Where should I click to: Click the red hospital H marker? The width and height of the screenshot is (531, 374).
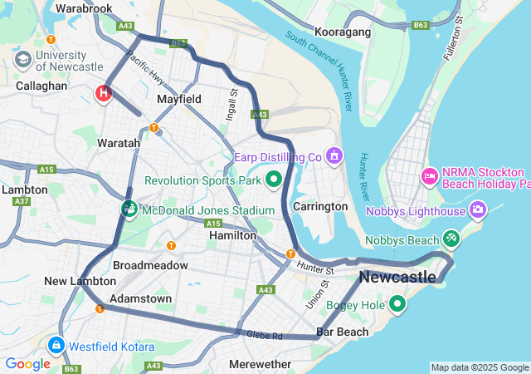pyautogui.click(x=104, y=92)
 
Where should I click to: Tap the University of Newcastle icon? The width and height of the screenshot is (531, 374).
pyautogui.click(x=23, y=59)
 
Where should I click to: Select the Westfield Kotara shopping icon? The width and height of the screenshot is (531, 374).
pyautogui.click(x=56, y=345)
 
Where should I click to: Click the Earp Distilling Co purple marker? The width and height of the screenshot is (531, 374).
pyautogui.click(x=334, y=155)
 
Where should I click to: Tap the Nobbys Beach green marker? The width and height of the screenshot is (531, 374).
pyautogui.click(x=451, y=239)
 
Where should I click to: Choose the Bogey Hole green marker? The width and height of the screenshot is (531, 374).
pyautogui.click(x=397, y=304)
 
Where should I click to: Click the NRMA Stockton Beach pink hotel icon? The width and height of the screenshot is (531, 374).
pyautogui.click(x=430, y=175)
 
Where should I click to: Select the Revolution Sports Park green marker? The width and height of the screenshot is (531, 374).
pyautogui.click(x=274, y=180)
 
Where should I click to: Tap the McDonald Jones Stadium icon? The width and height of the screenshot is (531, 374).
pyautogui.click(x=129, y=208)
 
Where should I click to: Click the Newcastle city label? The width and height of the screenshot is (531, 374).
pyautogui.click(x=397, y=276)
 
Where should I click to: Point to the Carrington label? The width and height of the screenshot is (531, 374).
pyautogui.click(x=320, y=206)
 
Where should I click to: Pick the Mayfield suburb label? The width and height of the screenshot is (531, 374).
pyautogui.click(x=179, y=99)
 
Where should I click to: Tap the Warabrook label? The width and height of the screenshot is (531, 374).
pyautogui.click(x=83, y=8)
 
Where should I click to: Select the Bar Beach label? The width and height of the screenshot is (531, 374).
pyautogui.click(x=341, y=332)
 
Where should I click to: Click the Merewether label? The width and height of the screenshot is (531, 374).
pyautogui.click(x=260, y=364)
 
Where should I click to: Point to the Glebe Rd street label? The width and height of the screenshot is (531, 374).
pyautogui.click(x=265, y=335)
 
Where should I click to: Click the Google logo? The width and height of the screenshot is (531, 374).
pyautogui.click(x=27, y=363)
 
